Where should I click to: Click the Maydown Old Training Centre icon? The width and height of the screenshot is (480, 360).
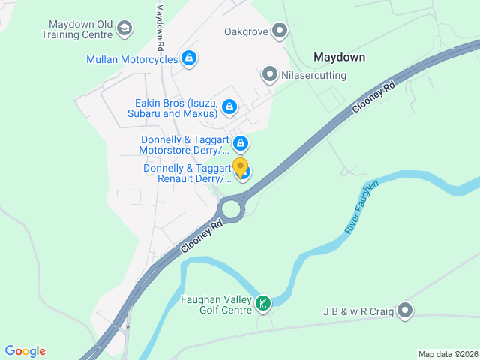124,28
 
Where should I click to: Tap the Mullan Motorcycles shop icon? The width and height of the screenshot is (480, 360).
189,58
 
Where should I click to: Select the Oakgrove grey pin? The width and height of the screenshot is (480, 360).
280,31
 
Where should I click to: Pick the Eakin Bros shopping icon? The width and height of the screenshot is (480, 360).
229,109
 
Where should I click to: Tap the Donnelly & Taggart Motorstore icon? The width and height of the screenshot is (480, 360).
241,143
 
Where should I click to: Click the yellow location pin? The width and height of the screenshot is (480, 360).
240,167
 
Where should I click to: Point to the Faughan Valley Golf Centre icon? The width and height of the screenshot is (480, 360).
263,304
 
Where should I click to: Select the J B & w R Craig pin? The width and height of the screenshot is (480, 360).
405,310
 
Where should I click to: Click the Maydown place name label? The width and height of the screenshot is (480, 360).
339,57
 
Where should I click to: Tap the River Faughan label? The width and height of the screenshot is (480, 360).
362,207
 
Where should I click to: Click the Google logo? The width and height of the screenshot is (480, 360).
25,351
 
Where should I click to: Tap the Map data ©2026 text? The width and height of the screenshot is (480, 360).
447,354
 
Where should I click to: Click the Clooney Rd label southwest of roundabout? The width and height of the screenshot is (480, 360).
202,236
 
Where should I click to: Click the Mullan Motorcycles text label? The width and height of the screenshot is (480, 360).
132,59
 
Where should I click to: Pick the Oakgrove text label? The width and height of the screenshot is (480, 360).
247,31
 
